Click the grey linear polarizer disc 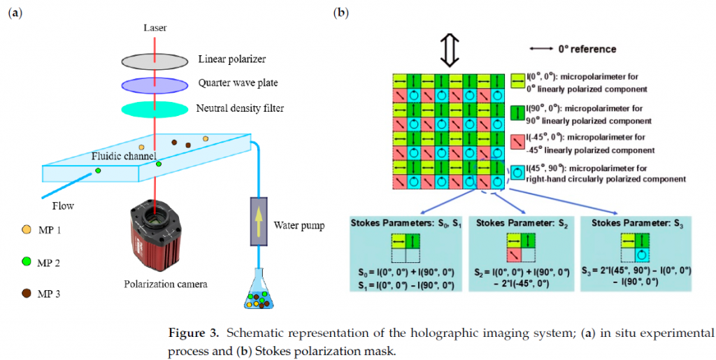pos(155,60)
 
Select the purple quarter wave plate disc pos(155,85)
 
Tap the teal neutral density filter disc pos(155,110)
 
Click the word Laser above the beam pos(155,28)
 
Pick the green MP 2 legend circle pos(27,262)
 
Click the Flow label pos(62,206)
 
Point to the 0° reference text pos(587,49)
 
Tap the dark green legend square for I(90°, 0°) pos(517,113)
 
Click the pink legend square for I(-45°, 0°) pos(517,142)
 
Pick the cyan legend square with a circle pos(517,173)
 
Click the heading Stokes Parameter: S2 pos(522,224)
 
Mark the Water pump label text pos(299,225)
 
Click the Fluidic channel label pos(123,157)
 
